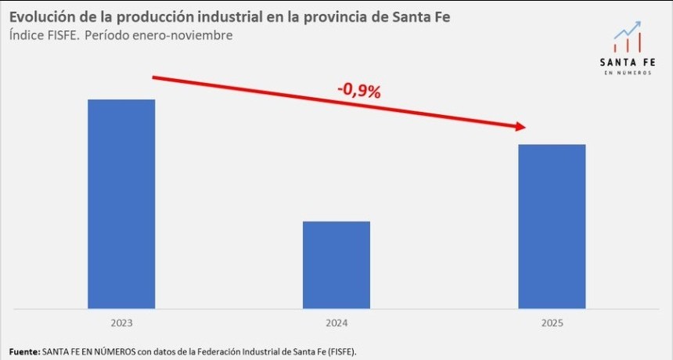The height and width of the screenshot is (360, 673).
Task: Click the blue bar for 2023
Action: (x=121, y=203)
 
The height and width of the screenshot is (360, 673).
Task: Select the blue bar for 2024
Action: (x=336, y=265)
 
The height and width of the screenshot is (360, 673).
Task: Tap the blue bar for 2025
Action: (x=552, y=226)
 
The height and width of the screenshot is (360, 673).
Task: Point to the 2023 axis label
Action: (x=121, y=322)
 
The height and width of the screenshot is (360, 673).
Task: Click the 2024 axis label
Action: (x=336, y=322)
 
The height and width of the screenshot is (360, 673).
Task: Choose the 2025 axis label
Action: (x=552, y=322)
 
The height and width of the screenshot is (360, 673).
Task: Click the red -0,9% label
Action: (x=358, y=91)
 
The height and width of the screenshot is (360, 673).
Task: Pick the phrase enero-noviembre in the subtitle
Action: (x=189, y=35)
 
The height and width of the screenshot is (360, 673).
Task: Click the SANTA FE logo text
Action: (x=628, y=62)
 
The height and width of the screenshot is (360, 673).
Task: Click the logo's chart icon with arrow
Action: (x=628, y=38)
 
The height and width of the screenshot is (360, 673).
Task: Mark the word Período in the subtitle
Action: (x=109, y=35)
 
